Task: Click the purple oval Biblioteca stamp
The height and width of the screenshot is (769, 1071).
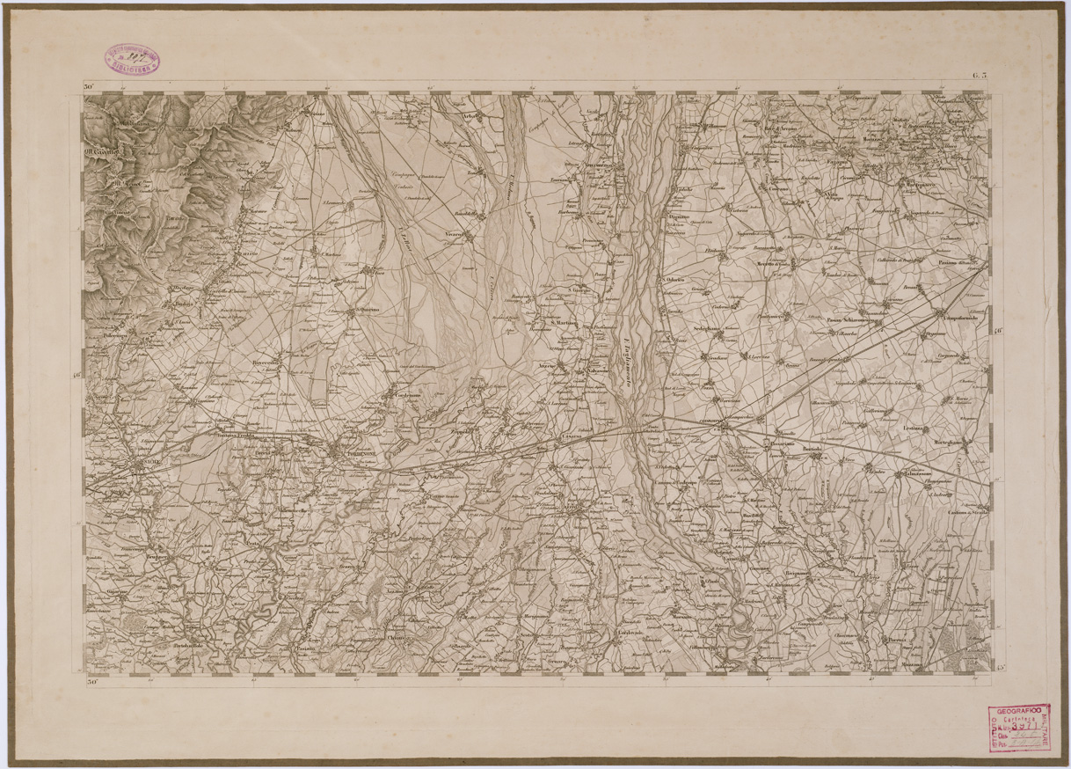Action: (133, 58)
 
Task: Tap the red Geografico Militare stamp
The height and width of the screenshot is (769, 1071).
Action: (1019, 728)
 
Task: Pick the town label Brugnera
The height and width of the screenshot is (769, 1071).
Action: (158, 557)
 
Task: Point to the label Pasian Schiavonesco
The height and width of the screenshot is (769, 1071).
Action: (854, 320)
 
